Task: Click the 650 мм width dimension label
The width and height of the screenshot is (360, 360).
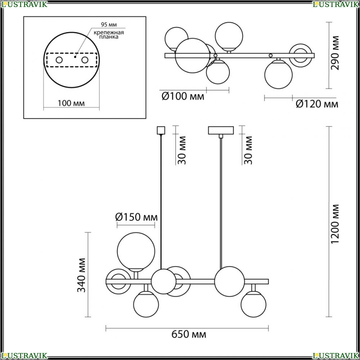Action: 189,334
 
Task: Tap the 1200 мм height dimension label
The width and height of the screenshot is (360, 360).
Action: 335,224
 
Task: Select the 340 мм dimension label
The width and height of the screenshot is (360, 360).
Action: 81,275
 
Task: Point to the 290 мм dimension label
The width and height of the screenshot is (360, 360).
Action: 335,53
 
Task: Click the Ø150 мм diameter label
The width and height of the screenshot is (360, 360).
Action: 136,217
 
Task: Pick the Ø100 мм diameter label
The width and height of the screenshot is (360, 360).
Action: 183,96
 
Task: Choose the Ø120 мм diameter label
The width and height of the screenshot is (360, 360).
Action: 317,104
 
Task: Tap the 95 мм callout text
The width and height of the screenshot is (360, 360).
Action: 109,24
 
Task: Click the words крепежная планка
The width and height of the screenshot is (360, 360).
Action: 109,35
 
